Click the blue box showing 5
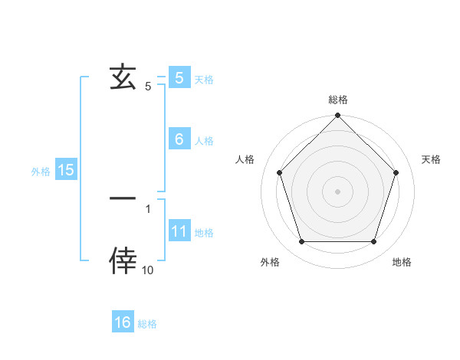(179, 78)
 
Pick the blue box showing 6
(179, 139)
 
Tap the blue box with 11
(179, 231)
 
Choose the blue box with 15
(66, 170)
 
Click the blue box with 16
(123, 322)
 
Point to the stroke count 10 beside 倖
(147, 270)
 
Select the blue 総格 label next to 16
(147, 324)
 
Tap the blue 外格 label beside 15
(41, 172)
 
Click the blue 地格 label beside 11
(204, 233)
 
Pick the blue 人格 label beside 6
(204, 141)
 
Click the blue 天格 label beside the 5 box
(204, 80)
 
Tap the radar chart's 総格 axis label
(337, 100)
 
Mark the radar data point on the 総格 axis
(337, 116)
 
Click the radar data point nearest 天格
(396, 172)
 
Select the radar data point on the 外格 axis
(301, 242)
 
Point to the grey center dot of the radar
(337, 191)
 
